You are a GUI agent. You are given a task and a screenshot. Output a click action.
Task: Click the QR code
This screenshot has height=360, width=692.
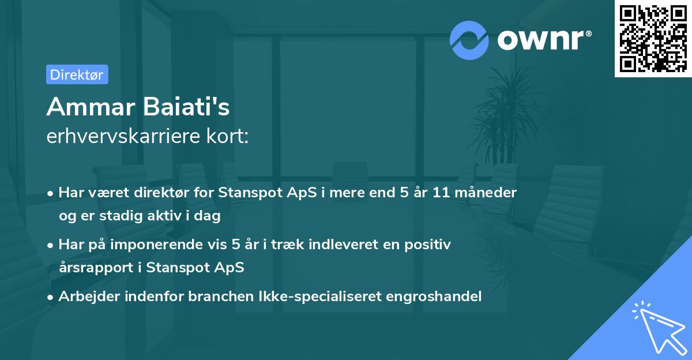[653, 38]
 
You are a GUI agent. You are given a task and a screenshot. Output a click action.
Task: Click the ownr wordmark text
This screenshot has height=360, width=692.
[543, 39]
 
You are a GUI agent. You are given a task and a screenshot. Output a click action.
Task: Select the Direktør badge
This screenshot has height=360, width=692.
[77, 74]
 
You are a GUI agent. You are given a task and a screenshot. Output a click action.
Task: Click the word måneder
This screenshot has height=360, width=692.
[488, 193]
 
